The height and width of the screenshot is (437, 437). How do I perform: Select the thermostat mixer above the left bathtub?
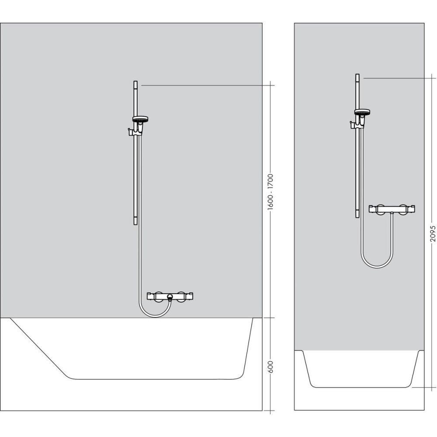tap(170, 296)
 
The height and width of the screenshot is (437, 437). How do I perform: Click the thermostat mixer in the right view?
tap(392, 209)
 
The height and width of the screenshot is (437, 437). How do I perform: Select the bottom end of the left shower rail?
tap(135, 223)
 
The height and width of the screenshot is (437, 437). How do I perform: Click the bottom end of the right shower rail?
tap(357, 217)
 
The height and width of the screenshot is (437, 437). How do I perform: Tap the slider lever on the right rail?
tap(351, 126)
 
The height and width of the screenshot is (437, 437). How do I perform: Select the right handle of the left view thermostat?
tap(189, 296)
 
